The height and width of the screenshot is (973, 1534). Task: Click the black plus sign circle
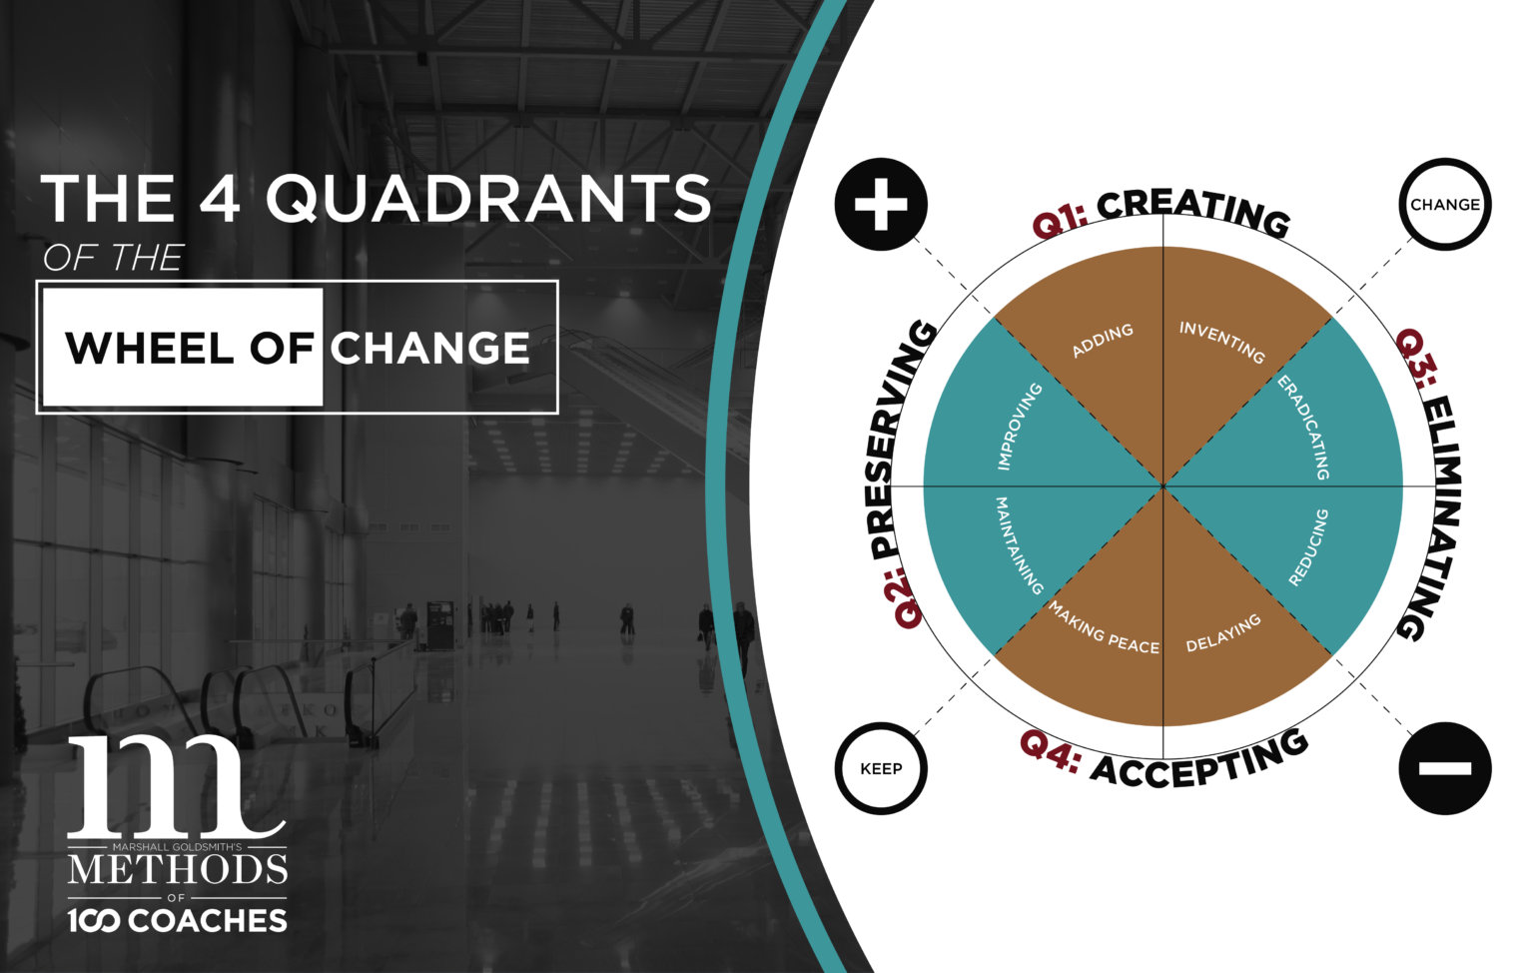881,204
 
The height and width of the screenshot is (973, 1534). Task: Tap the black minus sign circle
1444,768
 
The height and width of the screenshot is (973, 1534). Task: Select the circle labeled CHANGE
1445,204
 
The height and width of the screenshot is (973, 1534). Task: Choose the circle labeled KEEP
881,768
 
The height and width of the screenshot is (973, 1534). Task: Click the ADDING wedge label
1103,340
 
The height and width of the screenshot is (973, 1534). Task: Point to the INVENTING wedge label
1221,342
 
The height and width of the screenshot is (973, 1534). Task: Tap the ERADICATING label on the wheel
1304,427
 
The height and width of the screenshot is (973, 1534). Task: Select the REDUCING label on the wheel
1308,547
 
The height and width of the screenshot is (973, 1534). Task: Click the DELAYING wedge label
1223,633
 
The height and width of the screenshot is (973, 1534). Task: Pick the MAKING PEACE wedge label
1104,629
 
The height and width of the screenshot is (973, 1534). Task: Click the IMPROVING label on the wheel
1020,427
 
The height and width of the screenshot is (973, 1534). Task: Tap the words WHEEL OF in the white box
190,348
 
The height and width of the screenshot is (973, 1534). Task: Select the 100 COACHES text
178,920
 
